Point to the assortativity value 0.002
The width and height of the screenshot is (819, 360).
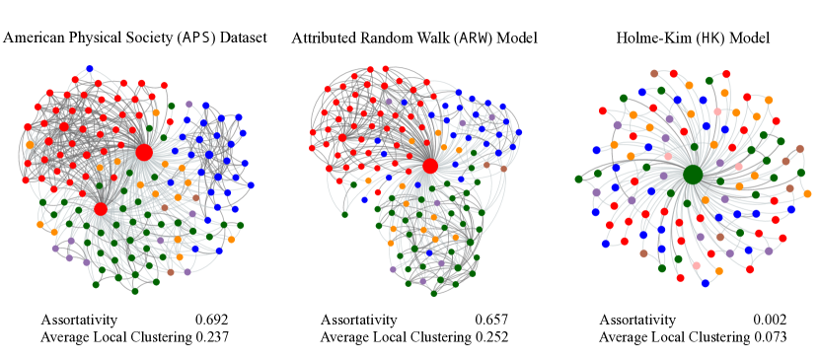(770, 320)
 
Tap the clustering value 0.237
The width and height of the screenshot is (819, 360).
(211, 337)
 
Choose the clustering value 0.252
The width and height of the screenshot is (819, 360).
(491, 337)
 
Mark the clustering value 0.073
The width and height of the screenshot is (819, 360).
(770, 337)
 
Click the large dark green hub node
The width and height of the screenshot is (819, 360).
(693, 175)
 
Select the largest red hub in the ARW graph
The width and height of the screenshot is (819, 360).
(430, 166)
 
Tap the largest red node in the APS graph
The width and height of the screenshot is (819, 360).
(144, 152)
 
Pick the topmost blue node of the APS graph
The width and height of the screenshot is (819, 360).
(90, 68)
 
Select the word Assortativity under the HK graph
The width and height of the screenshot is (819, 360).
(637, 320)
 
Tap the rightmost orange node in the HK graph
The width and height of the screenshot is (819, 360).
(807, 194)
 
